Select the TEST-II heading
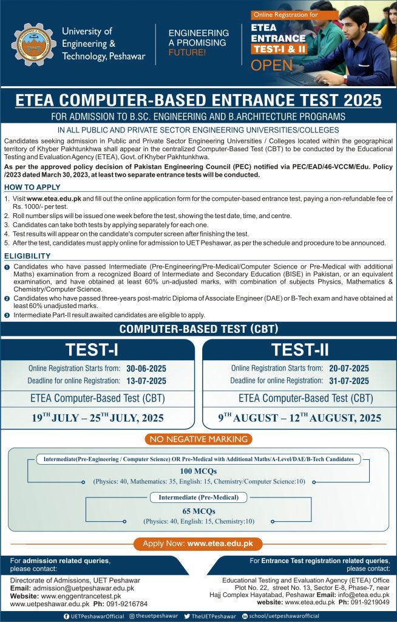[x=300, y=350]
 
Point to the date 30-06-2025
[x=146, y=369]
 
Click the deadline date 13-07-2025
[x=146, y=381]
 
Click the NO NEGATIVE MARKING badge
[x=198, y=439]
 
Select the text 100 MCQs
[x=198, y=471]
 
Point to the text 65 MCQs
[x=198, y=511]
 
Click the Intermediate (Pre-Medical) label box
[x=198, y=497]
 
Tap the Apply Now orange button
[x=198, y=543]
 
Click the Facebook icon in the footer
[x=66, y=616]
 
